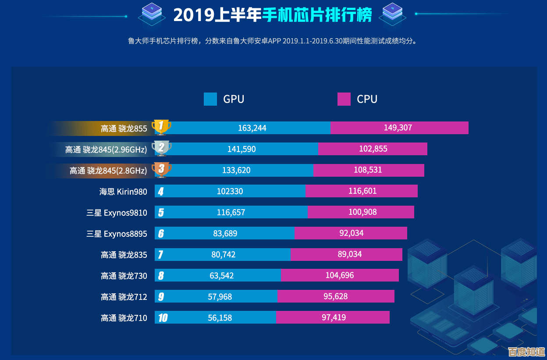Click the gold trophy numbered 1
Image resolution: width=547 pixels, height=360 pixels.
[161, 128]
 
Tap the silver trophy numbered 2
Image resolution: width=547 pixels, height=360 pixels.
[161, 149]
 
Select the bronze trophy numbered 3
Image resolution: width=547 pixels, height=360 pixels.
[161, 170]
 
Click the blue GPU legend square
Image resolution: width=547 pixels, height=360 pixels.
[210, 99]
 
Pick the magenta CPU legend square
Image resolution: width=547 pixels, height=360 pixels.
[344, 99]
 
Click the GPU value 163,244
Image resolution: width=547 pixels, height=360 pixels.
[252, 128]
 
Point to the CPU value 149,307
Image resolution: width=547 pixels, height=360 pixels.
[398, 128]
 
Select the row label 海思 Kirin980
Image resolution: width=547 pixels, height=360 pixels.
[123, 192]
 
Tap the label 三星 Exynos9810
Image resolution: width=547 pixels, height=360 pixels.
[117, 213]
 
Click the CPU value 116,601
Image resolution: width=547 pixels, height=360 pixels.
[362, 191]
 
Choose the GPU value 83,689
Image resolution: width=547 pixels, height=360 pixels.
[225, 233]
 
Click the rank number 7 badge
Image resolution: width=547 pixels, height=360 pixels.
[161, 255]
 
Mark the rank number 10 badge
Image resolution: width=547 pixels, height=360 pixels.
[163, 318]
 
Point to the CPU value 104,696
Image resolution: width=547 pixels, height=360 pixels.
[340, 275]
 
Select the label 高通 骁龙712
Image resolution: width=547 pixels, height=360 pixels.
[124, 297]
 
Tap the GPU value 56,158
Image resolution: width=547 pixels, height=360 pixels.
[220, 317]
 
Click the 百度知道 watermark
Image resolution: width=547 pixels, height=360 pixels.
[526, 352]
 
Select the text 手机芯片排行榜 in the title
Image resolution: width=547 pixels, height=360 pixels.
[317, 15]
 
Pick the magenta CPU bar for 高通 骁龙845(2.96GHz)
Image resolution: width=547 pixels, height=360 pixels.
[373, 149]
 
